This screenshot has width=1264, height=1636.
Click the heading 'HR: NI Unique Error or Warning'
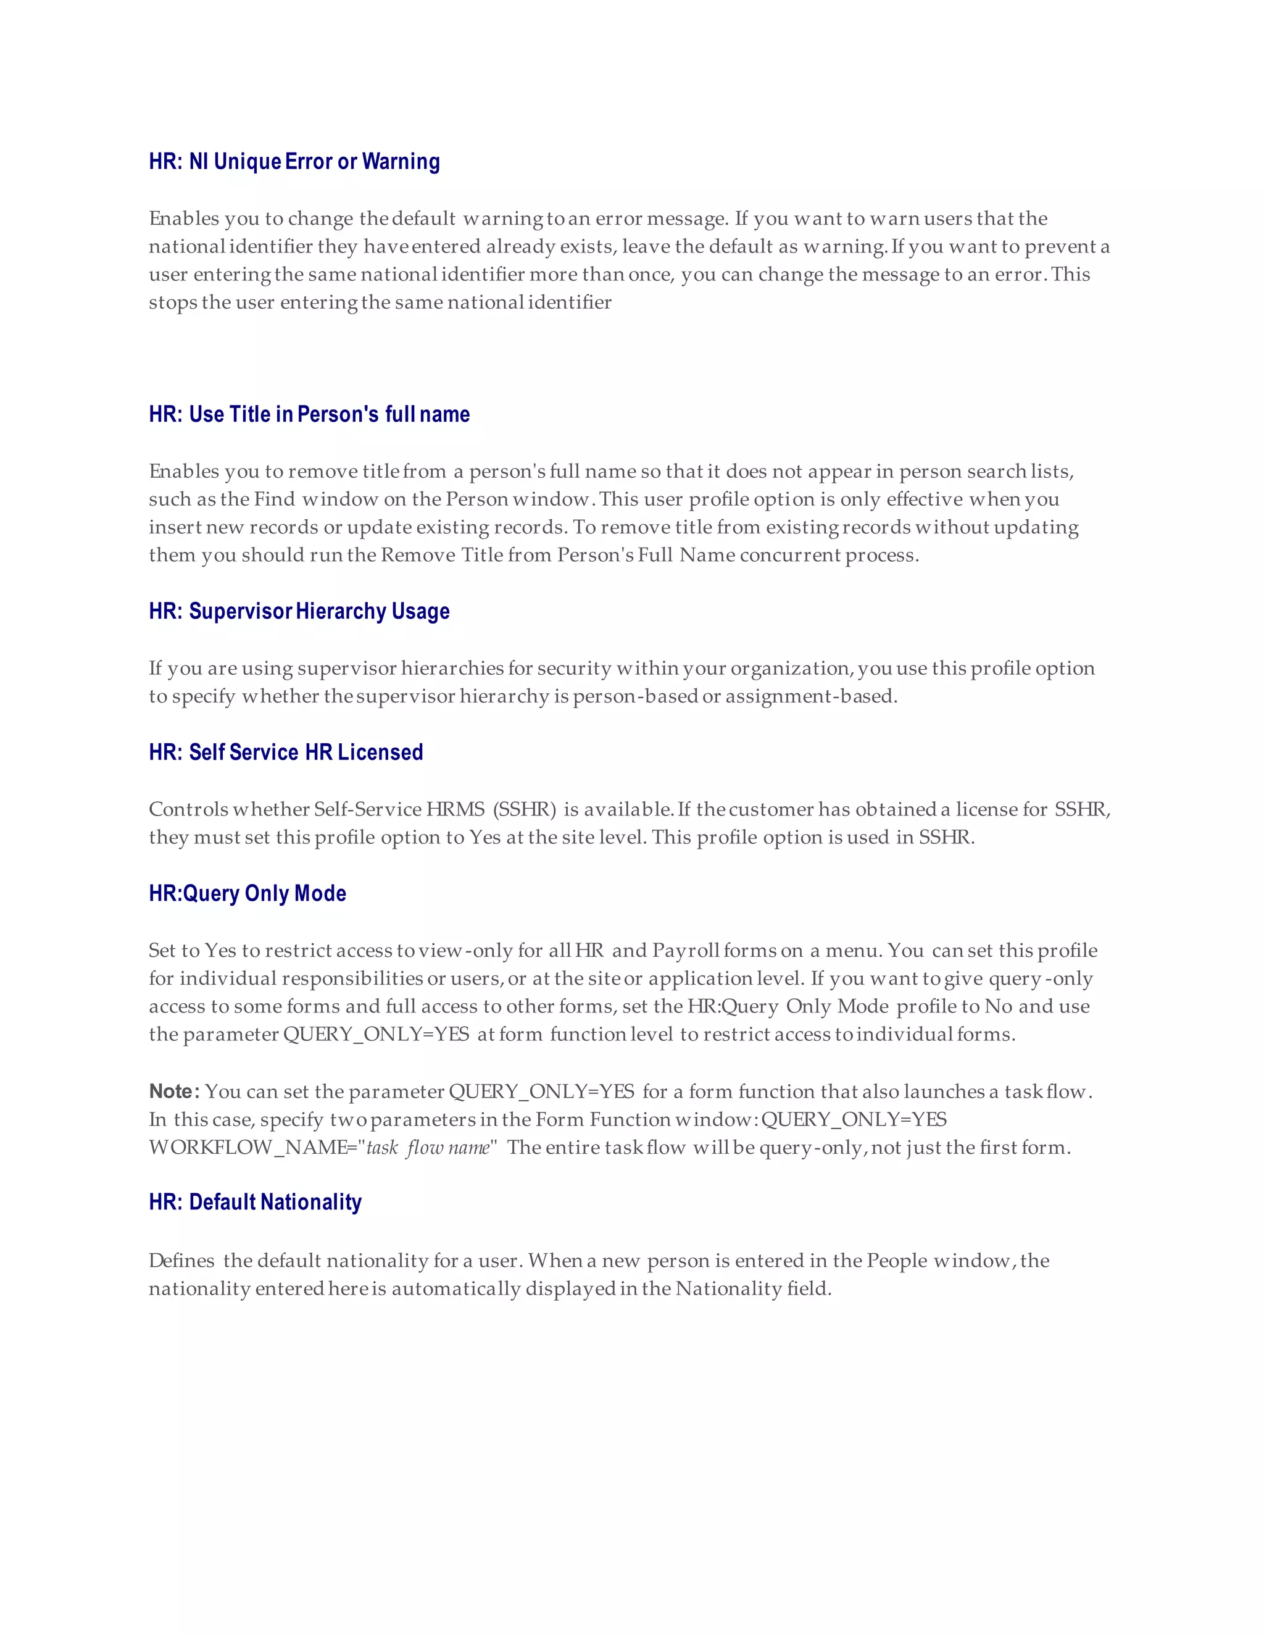(x=294, y=162)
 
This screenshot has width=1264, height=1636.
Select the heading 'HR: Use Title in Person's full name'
(x=309, y=414)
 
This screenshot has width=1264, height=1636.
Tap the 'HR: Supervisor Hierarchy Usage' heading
(x=299, y=611)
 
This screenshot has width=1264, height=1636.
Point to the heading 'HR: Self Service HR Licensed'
(x=285, y=752)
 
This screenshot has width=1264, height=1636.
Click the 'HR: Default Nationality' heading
(x=255, y=1201)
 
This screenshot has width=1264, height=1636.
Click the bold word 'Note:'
(x=173, y=1091)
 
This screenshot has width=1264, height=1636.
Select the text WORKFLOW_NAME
(x=247, y=1148)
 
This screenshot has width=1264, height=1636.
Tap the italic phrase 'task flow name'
(x=428, y=1148)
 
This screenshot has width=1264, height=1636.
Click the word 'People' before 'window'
(x=896, y=1261)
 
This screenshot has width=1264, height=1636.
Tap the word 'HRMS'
(x=455, y=809)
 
